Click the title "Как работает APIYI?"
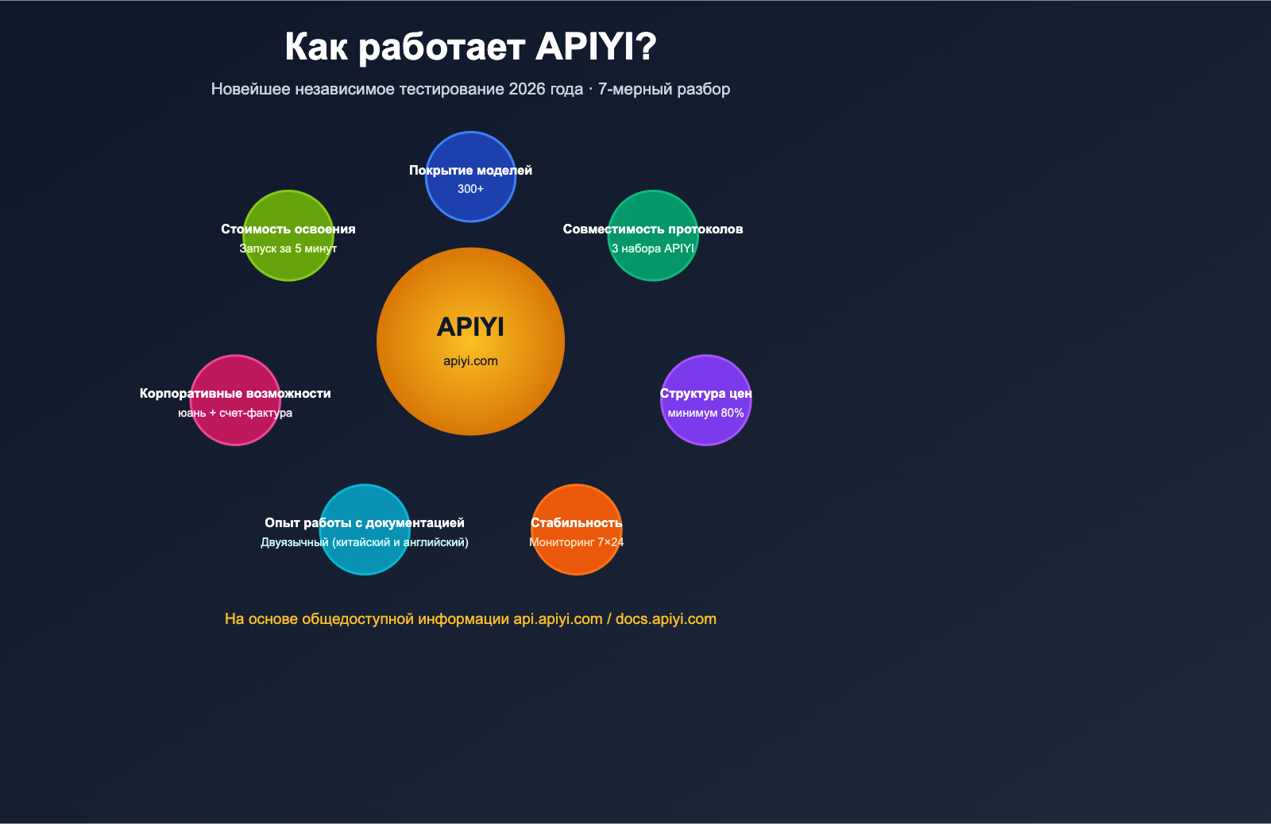470,47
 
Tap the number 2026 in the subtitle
527,89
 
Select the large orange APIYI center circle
470,397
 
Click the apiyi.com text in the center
470,361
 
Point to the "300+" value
470,189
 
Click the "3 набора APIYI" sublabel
653,248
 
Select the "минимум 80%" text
705,413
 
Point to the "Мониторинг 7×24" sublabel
576,542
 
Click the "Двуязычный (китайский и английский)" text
365,542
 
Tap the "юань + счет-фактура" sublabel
235,413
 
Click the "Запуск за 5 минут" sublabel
288,248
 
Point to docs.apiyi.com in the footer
666,619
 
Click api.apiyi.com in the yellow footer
558,619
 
